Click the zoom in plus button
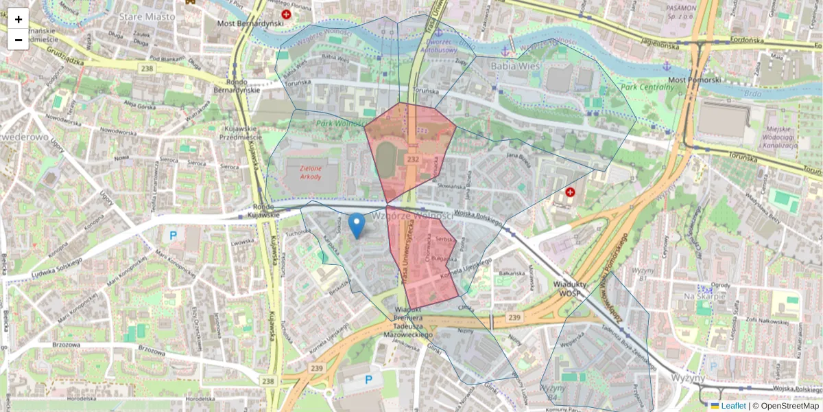[x=19, y=19]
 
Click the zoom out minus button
[x=19, y=39]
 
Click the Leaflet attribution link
[x=733, y=406]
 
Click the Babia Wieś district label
[x=516, y=66]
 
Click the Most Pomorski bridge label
[x=695, y=80]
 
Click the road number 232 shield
[x=412, y=159]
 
